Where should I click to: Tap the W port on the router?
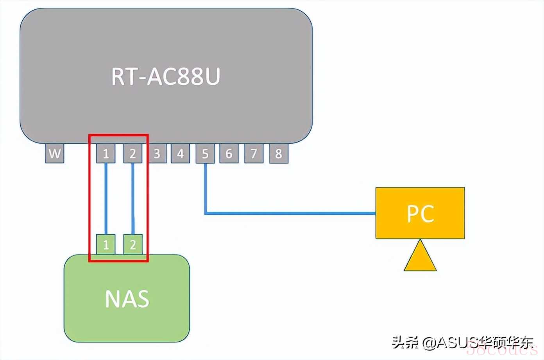pyautogui.click(x=55, y=153)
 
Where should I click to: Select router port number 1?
pyautogui.click(x=106, y=153)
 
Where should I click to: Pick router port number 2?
pyautogui.click(x=132, y=153)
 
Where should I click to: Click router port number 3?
pyautogui.click(x=157, y=153)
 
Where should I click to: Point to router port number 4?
pyautogui.click(x=180, y=153)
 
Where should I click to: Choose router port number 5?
pyautogui.click(x=205, y=153)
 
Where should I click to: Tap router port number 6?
pyautogui.click(x=229, y=153)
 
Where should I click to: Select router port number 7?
pyautogui.click(x=254, y=153)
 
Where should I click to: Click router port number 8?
pyautogui.click(x=279, y=153)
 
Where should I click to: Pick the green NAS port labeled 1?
pyautogui.click(x=106, y=244)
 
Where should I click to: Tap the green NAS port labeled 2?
pyautogui.click(x=133, y=244)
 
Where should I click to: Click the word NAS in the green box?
pyautogui.click(x=127, y=299)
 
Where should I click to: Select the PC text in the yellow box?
pyautogui.click(x=421, y=214)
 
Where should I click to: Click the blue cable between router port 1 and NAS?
pyautogui.click(x=106, y=199)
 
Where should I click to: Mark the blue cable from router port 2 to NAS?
pyautogui.click(x=132, y=199)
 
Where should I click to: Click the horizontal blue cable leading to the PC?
pyautogui.click(x=290, y=214)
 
